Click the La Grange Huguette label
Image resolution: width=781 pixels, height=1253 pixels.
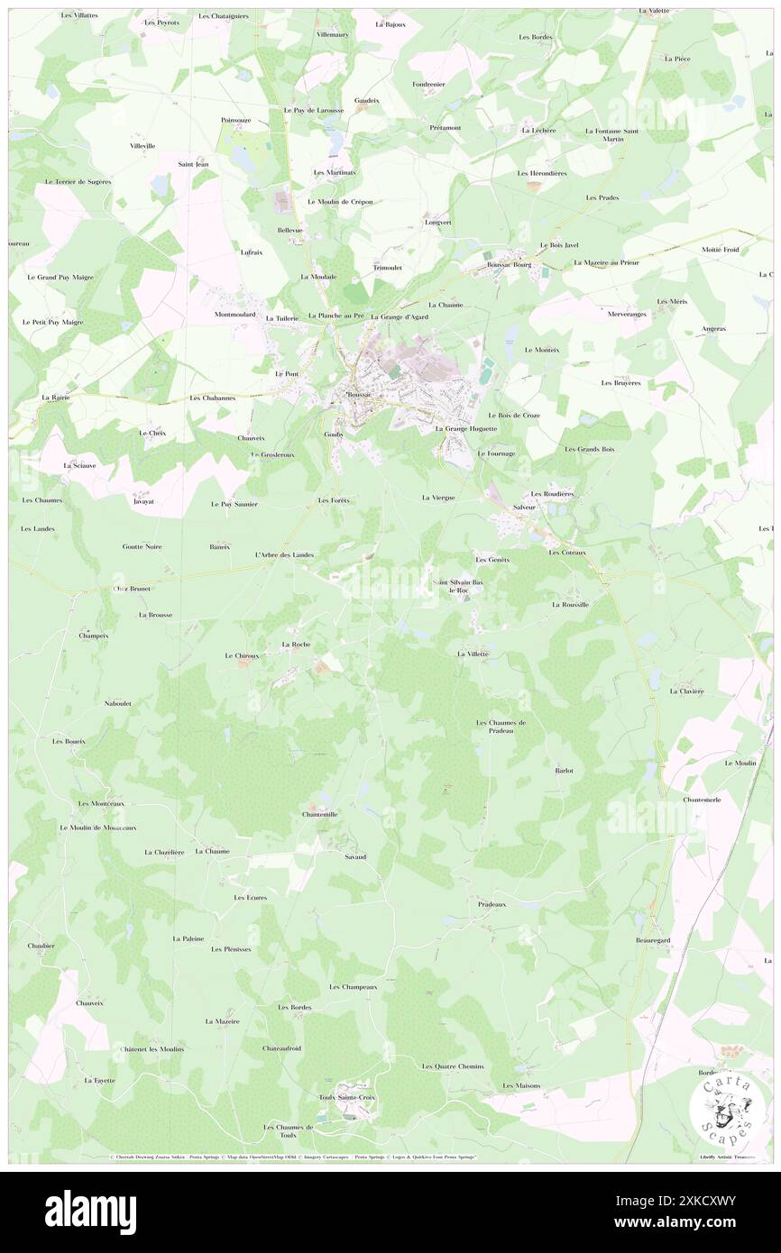click(465, 429)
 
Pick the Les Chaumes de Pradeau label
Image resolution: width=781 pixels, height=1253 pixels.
click(501, 727)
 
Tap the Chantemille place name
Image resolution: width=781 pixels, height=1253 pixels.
click(319, 814)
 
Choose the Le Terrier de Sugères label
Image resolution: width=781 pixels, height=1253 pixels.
click(78, 181)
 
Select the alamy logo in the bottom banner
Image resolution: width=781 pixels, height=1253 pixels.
click(90, 1212)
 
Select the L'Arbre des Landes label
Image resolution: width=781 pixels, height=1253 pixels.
click(284, 555)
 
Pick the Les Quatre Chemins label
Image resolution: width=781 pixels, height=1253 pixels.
click(453, 1066)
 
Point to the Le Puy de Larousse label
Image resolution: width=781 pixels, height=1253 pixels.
click(314, 110)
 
